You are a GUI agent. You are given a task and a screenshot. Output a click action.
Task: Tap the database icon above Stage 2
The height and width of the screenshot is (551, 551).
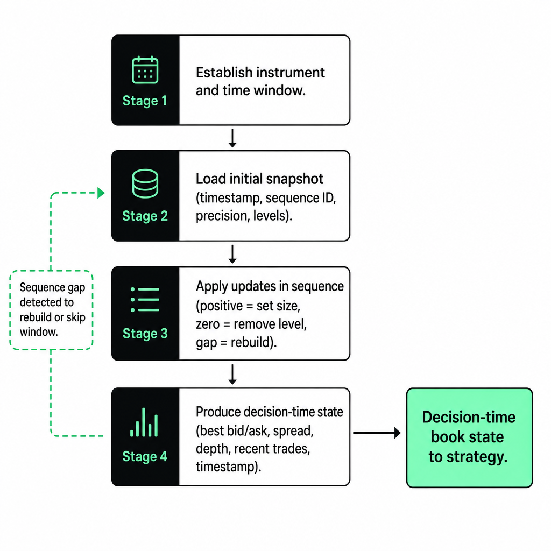pos(145,183)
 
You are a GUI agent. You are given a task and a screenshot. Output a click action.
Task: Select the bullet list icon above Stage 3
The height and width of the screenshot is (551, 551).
pos(145,300)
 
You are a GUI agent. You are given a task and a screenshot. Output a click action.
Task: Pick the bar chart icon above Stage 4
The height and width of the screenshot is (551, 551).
pos(144,422)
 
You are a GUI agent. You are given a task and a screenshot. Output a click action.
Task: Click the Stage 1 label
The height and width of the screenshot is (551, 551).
pos(144,101)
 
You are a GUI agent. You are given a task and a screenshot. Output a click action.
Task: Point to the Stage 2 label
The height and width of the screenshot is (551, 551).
pos(145,216)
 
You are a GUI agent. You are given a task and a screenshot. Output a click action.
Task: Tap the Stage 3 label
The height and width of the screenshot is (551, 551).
pos(145,333)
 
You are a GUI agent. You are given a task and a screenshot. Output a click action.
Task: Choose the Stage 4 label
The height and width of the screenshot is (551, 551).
pos(144,456)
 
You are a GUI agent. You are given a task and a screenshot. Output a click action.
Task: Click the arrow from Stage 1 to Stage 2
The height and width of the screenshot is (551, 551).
pos(232,138)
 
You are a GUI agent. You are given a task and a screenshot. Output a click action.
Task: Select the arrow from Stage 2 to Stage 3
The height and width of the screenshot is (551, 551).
pos(232,254)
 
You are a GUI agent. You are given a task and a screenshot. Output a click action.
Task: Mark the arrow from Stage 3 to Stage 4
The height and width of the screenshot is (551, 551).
pos(232,375)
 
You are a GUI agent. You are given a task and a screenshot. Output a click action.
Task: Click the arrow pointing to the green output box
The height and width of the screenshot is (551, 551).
pos(377,433)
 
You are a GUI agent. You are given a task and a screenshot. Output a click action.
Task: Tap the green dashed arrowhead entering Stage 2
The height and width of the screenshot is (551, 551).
pos(101,193)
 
